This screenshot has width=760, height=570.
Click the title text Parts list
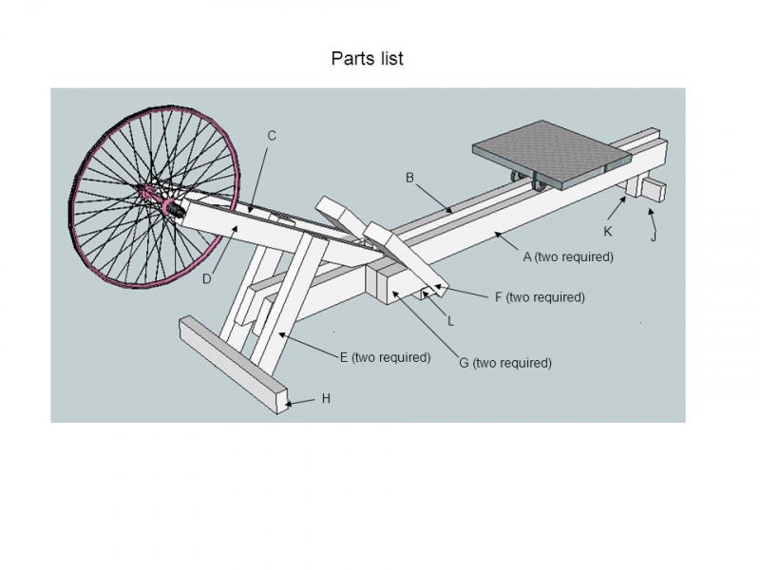point(367,59)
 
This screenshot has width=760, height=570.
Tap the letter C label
point(272,136)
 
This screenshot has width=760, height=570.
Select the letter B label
point(410,178)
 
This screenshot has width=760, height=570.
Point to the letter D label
point(206,277)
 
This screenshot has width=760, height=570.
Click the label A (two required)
point(568,256)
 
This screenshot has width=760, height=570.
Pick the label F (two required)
point(540,297)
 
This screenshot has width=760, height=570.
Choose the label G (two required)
point(505,363)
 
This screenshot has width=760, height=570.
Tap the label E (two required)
point(386,358)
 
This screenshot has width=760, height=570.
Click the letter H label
point(326,399)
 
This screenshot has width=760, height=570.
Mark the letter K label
point(608,231)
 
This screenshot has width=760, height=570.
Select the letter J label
point(654,237)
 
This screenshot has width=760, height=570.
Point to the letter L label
point(451,321)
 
